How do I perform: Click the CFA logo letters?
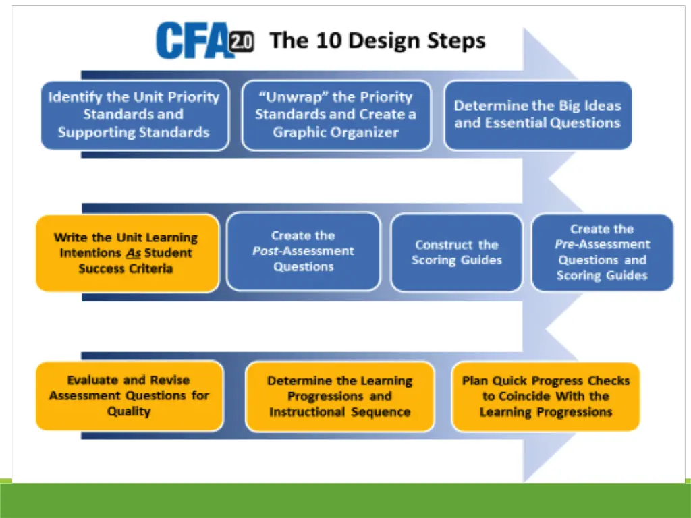coord(192,40)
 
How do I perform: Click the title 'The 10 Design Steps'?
coord(377,40)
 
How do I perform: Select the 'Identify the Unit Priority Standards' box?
coord(134,115)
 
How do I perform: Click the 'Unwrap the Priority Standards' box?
coord(335,115)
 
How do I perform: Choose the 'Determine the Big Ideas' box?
coord(537,115)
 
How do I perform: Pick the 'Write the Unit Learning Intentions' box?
coord(127,253)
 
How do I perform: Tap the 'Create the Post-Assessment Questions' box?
coord(303,252)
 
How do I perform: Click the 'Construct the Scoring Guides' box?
coord(456,253)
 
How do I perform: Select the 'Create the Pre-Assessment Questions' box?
coord(602,252)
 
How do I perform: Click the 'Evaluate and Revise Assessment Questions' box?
coord(129,396)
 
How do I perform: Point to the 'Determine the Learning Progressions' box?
coord(339,396)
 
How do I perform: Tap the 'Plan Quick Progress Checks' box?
coord(545,396)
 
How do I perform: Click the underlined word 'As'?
coord(133,253)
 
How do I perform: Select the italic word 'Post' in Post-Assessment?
coord(265,251)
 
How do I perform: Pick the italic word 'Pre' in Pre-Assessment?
coord(564,244)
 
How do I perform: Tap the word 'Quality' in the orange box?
coord(128,411)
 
